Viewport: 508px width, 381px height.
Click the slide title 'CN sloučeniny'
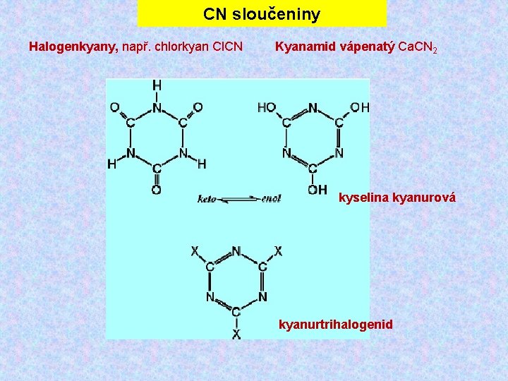pyautogui.click(x=262, y=14)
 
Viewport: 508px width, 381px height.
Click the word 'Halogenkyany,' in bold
pyautogui.click(x=73, y=47)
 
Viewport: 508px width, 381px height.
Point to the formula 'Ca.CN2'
pyautogui.click(x=418, y=48)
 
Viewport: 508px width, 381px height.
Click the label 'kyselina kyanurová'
pyautogui.click(x=397, y=198)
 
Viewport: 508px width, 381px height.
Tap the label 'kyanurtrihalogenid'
pyautogui.click(x=336, y=325)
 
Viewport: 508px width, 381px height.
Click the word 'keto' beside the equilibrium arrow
pyautogui.click(x=207, y=199)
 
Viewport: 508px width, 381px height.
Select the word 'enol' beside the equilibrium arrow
pyautogui.click(x=271, y=199)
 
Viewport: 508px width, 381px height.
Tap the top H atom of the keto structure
pyautogui.click(x=157, y=85)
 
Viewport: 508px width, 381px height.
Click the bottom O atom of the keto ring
pyautogui.click(x=156, y=190)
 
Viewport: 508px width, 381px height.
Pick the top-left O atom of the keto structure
pyautogui.click(x=114, y=107)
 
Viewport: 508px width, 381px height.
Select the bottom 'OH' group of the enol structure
pyautogui.click(x=317, y=189)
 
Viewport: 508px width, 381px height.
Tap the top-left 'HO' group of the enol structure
pyautogui.click(x=267, y=107)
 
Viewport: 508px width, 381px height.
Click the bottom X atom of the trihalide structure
pyautogui.click(x=236, y=333)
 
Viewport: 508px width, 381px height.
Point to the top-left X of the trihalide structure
pyautogui.click(x=195, y=250)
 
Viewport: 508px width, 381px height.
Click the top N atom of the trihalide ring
pyautogui.click(x=236, y=250)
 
